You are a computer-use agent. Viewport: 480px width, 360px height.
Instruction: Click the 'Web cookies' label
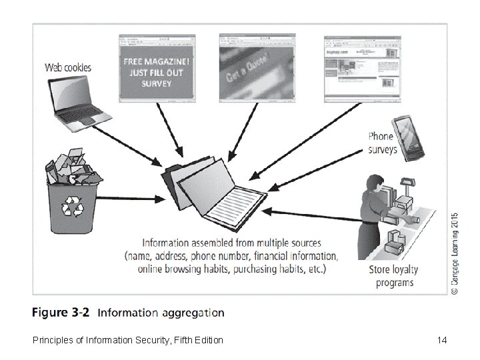[68, 67]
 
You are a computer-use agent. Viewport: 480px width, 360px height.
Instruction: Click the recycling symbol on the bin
[71, 209]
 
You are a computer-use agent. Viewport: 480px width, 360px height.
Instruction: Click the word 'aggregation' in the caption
[187, 312]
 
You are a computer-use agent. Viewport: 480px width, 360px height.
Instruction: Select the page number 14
[441, 341]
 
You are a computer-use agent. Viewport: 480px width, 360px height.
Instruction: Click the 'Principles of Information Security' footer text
[127, 341]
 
